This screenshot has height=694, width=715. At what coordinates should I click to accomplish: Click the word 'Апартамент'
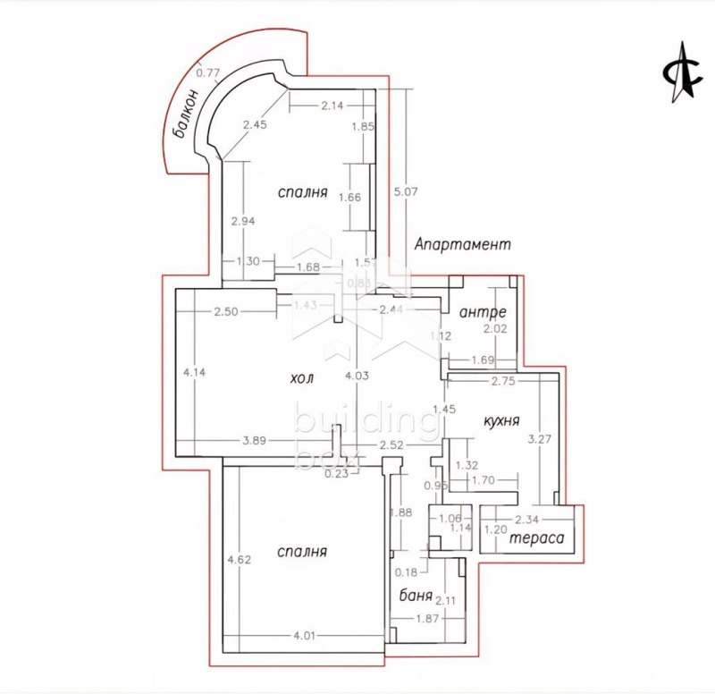point(462,244)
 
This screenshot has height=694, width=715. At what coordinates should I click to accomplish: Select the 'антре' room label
point(483,313)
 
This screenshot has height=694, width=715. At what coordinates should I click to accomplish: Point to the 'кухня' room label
point(501,420)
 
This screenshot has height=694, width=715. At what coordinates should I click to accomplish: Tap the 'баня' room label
point(416,596)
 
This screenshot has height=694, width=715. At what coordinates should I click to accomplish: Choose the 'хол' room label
point(301,378)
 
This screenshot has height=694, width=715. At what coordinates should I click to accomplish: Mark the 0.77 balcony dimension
point(208,72)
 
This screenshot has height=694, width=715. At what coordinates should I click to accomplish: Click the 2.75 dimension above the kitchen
point(505,381)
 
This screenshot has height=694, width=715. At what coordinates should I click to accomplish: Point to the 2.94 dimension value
point(244,221)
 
